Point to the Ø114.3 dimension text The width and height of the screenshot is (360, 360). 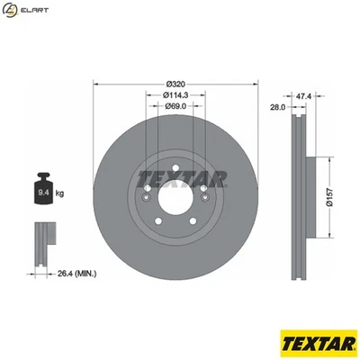coord(175,94)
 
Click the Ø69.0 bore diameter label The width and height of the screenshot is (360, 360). coord(175,106)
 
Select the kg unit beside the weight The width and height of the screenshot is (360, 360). coord(59,192)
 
